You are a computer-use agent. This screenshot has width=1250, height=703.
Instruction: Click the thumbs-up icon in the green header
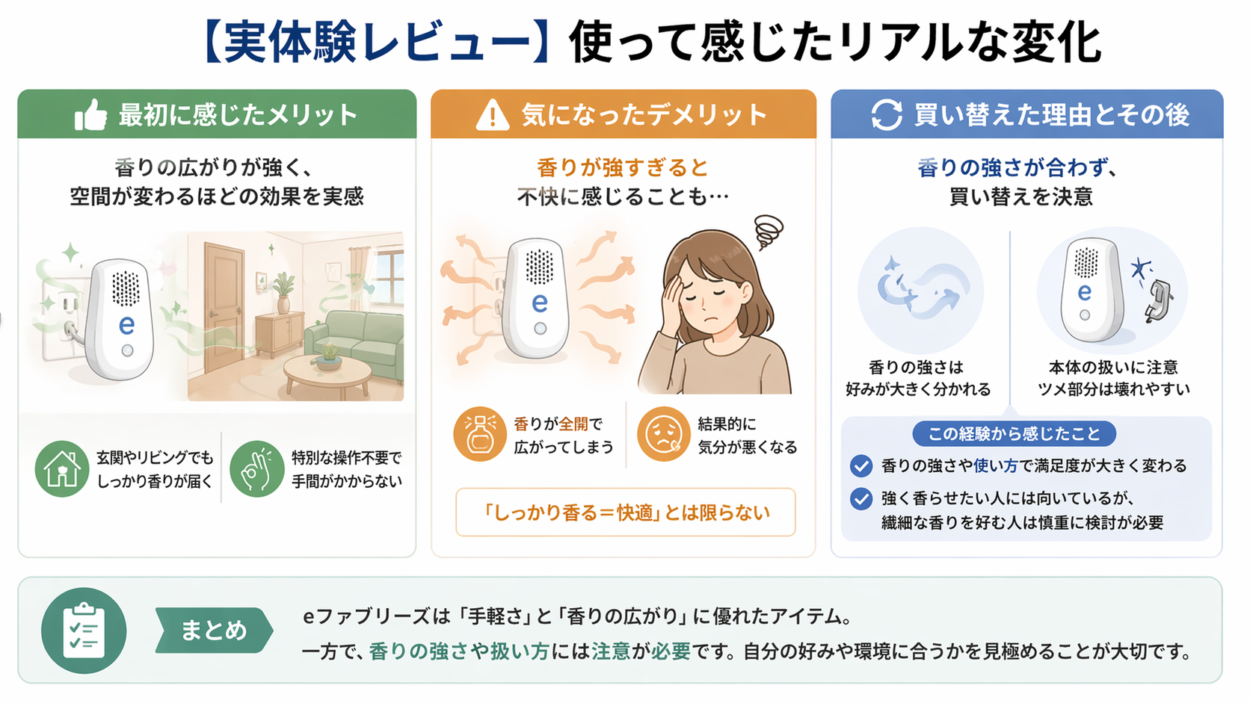[91, 115]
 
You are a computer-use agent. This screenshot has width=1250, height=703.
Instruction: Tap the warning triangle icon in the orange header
[492, 115]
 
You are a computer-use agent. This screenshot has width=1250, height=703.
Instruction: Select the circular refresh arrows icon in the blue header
[887, 115]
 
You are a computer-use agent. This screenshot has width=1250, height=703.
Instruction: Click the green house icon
[62, 469]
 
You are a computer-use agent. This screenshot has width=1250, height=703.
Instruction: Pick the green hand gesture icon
[256, 469]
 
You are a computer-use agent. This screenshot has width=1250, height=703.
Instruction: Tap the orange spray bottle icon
[480, 434]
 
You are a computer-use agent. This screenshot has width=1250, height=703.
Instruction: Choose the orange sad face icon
[663, 434]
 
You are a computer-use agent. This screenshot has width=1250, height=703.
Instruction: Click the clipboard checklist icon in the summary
[84, 631]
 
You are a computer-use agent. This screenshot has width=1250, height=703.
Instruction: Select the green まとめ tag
[213, 631]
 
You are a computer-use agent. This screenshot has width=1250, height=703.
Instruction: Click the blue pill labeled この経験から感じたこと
[1014, 433]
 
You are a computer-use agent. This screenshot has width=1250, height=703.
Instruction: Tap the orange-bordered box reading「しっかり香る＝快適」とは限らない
[626, 512]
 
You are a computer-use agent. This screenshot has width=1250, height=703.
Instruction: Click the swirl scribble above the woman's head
[768, 232]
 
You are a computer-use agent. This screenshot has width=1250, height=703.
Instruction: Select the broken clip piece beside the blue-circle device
[1157, 301]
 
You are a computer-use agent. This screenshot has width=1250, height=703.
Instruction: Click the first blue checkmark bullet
[861, 466]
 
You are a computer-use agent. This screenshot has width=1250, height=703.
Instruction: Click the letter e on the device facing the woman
[539, 303]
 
